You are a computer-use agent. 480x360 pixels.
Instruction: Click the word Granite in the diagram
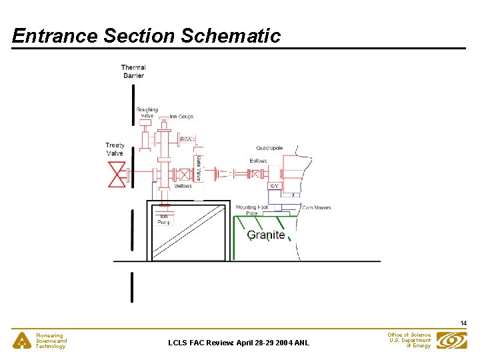[266, 235]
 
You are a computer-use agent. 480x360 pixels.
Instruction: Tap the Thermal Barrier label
[133, 71]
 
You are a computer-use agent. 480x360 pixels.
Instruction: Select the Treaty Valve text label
[115, 149]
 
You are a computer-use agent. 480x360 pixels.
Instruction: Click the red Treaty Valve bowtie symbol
[117, 175]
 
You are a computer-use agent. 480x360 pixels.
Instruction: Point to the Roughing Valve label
[147, 112]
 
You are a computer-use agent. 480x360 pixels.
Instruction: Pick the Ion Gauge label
[181, 117]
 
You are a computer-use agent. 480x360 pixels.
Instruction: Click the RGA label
[186, 139]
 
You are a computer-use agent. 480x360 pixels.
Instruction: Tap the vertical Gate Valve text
[198, 168]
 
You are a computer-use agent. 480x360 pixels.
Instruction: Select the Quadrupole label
[269, 148]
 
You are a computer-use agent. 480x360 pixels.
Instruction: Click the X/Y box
[274, 186]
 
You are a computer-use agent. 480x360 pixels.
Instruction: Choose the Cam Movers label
[316, 208]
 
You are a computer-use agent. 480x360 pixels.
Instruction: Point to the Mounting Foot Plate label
[251, 210]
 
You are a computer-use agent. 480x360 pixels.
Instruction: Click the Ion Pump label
[163, 219]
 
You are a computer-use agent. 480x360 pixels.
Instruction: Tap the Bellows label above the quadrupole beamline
[258, 161]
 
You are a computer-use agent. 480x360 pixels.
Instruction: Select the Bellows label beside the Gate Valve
[183, 186]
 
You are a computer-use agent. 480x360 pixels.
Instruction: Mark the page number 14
[463, 323]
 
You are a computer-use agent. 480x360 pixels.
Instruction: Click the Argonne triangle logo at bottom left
[23, 341]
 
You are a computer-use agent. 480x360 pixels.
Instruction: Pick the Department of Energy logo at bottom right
[451, 341]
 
